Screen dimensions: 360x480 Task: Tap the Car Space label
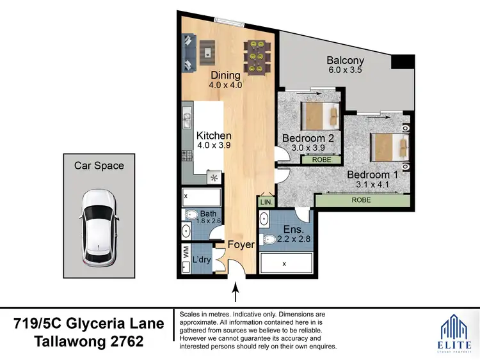[x=99, y=166]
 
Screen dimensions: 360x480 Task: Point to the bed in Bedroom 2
[x=319, y=116]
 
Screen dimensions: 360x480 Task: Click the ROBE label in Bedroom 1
[x=362, y=200]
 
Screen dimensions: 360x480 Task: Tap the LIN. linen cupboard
[x=266, y=202]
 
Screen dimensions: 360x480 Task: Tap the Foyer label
[x=241, y=244]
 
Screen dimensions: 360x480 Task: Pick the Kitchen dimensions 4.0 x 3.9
[x=214, y=146]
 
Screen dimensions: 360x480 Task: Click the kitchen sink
[x=186, y=118]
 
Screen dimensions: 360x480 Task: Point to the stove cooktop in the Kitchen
[x=186, y=156]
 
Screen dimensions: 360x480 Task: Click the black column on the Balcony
[x=403, y=62]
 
